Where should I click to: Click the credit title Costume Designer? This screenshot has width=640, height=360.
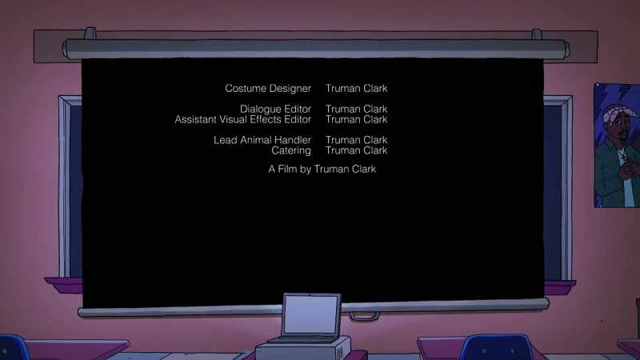click(268, 89)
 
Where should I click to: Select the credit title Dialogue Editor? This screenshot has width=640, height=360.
click(275, 109)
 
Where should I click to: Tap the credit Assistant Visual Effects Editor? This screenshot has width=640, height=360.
click(243, 119)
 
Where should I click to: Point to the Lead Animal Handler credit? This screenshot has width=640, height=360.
click(262, 140)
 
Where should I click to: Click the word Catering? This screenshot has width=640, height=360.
click(291, 150)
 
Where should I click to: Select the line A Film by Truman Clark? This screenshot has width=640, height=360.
click(322, 169)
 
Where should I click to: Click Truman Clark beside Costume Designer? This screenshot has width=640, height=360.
click(356, 89)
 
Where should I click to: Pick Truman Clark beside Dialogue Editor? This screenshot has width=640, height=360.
click(356, 109)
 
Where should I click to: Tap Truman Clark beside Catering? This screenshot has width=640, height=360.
click(356, 150)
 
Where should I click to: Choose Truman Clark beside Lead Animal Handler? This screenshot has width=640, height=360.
click(356, 140)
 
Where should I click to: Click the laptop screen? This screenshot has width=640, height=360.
click(310, 315)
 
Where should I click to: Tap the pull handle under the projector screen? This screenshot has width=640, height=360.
click(365, 316)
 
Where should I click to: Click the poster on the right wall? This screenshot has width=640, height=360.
click(617, 146)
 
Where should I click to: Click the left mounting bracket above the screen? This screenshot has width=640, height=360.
click(90, 33)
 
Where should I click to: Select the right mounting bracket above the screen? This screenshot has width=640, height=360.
click(537, 34)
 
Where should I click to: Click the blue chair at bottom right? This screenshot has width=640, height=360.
click(496, 347)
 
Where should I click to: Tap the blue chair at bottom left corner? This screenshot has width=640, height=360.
click(13, 348)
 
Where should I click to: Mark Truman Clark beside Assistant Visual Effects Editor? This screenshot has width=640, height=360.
click(356, 119)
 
